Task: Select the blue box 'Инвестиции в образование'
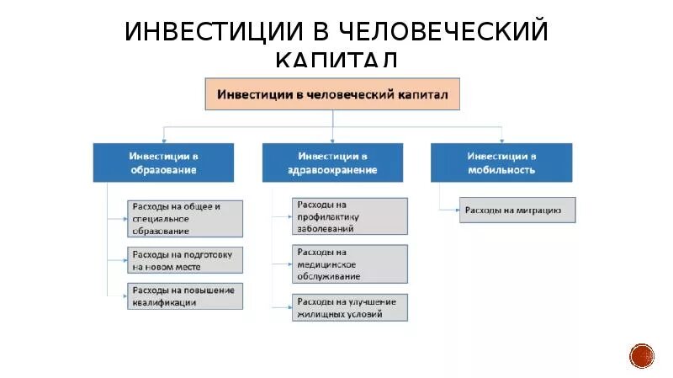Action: [x=163, y=162]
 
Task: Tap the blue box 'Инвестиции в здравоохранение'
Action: [x=332, y=162]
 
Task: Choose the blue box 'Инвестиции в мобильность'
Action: [x=501, y=162]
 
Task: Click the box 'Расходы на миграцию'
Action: [x=517, y=210]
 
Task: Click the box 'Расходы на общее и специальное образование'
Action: [x=186, y=218]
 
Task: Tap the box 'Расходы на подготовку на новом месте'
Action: [x=186, y=259]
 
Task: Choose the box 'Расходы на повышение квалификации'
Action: [x=186, y=295]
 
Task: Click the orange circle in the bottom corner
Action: [x=642, y=355]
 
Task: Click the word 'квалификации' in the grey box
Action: [x=165, y=302]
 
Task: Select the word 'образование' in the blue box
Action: [x=163, y=169]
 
